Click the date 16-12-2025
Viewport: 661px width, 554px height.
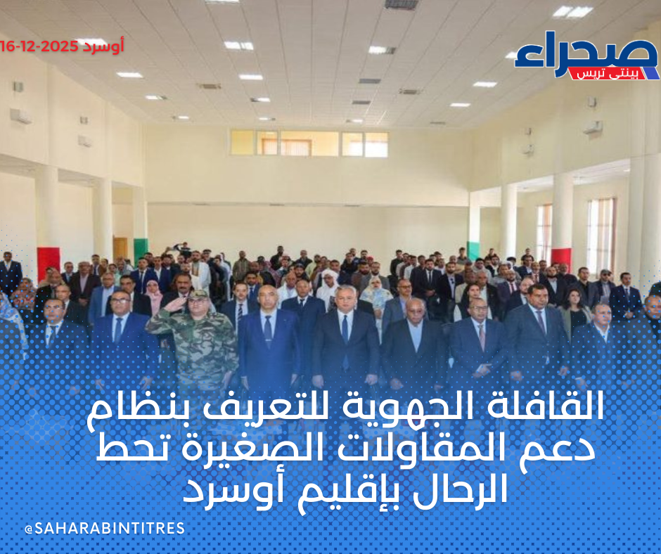39,46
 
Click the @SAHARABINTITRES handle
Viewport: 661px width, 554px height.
105,528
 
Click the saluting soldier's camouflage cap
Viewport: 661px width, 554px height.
198,294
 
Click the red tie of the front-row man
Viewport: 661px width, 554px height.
482,337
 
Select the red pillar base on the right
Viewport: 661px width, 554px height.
561,257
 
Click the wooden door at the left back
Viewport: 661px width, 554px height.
120,249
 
